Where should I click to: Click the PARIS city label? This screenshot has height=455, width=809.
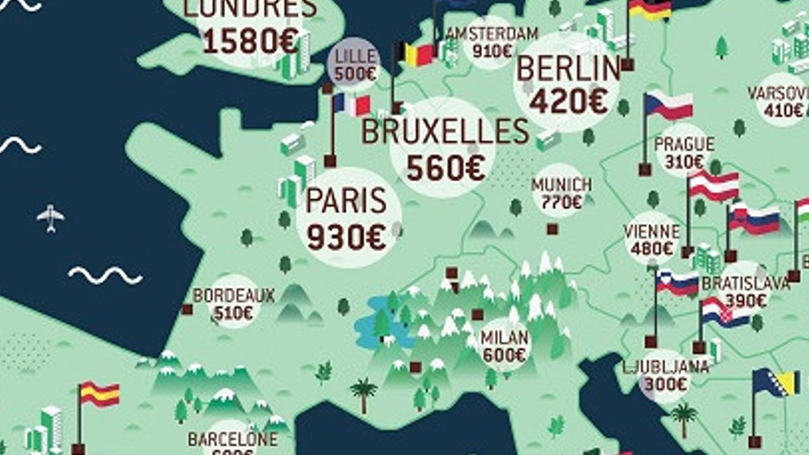click(346, 201)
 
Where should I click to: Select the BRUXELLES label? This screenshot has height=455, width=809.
click(445, 131)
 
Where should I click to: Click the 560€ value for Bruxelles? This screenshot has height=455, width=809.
click(445, 167)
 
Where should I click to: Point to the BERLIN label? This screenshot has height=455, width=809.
click(568, 68)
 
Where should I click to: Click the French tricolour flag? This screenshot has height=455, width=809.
click(352, 105)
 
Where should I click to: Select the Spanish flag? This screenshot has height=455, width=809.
click(100, 394)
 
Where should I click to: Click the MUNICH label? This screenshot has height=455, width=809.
click(561, 185)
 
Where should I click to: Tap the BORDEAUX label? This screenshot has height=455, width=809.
click(234, 296)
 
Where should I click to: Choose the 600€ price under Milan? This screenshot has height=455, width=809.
click(504, 355)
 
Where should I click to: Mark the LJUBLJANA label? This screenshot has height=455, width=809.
click(665, 367)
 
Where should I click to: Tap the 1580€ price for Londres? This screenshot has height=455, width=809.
click(251, 41)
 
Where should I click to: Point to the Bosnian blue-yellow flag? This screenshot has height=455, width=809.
click(769, 383)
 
